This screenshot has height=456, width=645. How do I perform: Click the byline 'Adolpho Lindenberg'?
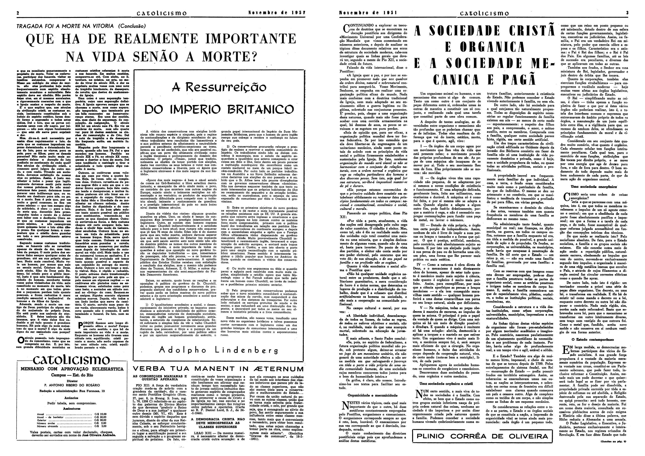click(219, 350)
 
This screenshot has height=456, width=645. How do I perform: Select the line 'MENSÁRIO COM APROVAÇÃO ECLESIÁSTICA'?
click(72, 369)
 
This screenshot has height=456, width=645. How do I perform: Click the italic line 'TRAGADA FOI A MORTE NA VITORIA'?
click(65, 26)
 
